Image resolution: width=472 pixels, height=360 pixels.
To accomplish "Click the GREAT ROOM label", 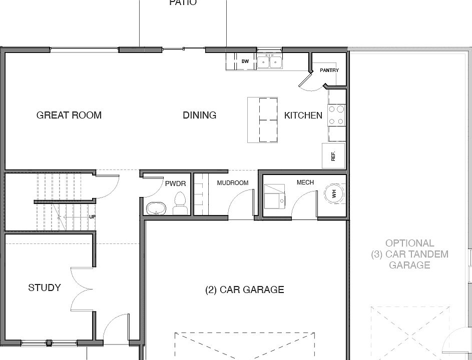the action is (69, 115).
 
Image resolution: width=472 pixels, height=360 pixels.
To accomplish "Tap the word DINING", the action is (200, 115).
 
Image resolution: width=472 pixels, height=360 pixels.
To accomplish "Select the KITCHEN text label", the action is (303, 115).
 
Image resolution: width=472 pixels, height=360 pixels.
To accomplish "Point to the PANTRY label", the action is (329, 70).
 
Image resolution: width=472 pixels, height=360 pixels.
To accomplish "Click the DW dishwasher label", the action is (245, 61).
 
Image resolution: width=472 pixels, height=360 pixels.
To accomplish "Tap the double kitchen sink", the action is (270, 62).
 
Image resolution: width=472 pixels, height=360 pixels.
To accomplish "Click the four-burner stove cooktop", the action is (336, 115).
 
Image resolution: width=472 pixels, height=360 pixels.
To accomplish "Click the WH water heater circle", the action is (334, 194).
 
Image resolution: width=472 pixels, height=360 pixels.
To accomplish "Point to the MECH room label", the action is (305, 182).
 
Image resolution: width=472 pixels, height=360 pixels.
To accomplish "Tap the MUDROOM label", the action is (233, 183).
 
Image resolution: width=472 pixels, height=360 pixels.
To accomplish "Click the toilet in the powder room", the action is (180, 203).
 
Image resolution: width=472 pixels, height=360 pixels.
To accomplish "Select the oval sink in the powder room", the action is (156, 208).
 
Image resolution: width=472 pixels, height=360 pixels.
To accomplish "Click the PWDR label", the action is (176, 183).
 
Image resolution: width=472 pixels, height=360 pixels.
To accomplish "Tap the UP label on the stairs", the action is (92, 217).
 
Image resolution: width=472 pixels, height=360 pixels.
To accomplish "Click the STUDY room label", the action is (45, 288).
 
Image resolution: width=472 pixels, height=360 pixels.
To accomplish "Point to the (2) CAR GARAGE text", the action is (244, 289).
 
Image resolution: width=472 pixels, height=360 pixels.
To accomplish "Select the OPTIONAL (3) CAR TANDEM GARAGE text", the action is (409, 254).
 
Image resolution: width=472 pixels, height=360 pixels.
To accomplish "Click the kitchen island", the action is (262, 119).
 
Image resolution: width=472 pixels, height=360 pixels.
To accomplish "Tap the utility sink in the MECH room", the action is (274, 196).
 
